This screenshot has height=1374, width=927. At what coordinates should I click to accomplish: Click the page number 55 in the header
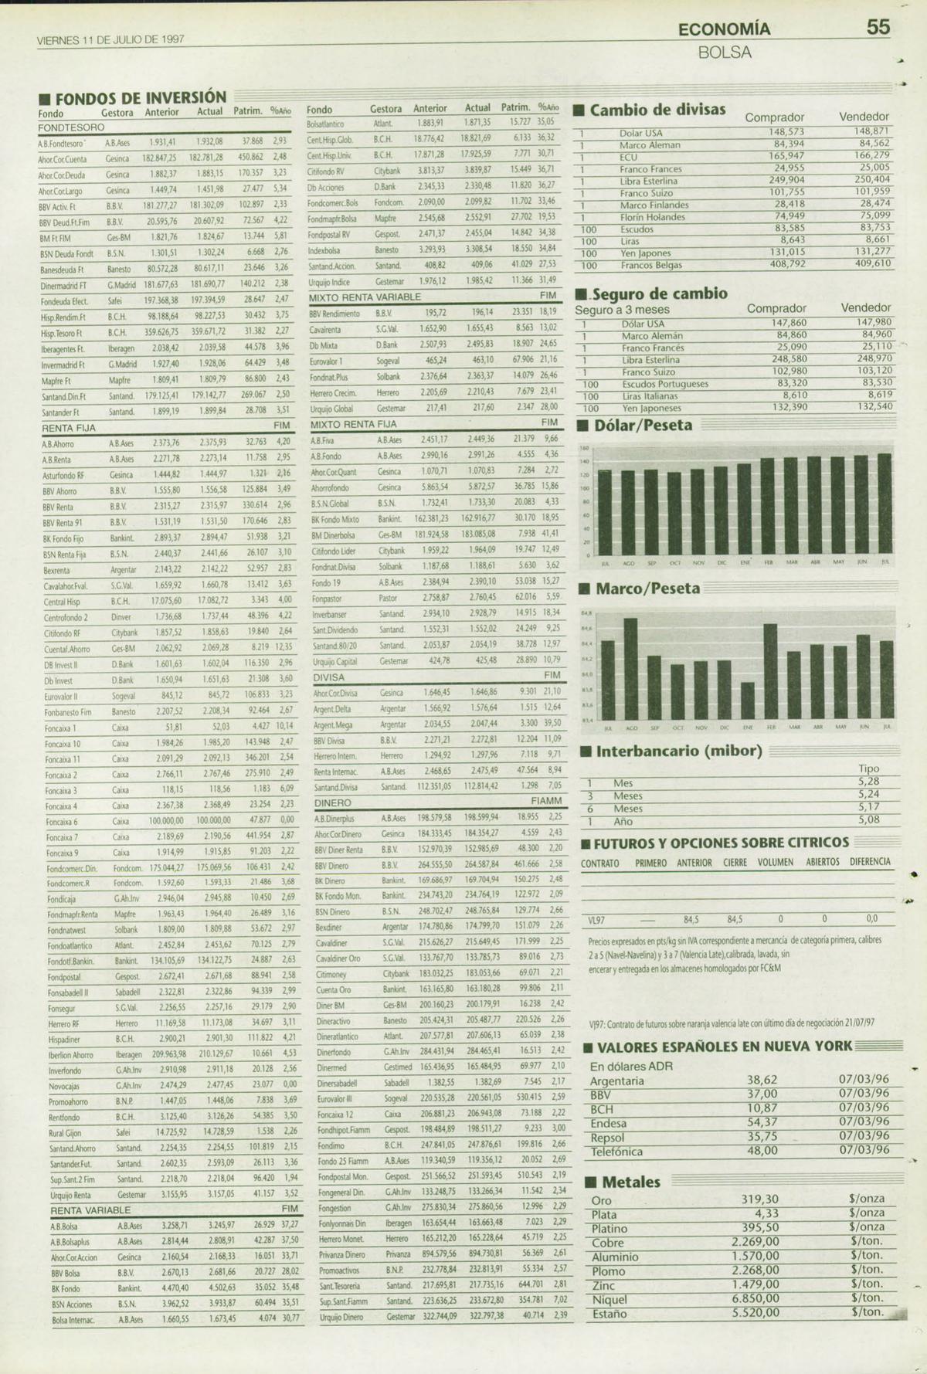[878, 28]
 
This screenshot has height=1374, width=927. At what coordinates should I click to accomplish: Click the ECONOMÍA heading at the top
[724, 29]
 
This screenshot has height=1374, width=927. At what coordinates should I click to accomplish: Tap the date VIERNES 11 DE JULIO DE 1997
[110, 39]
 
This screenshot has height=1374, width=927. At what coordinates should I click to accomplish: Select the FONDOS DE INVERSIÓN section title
[141, 98]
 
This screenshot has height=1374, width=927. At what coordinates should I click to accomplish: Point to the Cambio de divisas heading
[657, 110]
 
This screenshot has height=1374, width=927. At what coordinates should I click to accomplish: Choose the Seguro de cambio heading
[660, 293]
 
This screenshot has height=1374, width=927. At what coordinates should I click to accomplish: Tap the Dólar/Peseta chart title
[643, 425]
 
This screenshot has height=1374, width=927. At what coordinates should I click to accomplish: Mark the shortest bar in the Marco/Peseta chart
[747, 701]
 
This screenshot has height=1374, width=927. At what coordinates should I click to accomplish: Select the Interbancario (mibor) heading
[678, 751]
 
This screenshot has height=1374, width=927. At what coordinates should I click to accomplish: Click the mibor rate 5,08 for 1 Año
[868, 819]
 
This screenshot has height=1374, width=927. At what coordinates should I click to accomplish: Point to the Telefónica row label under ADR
[616, 1152]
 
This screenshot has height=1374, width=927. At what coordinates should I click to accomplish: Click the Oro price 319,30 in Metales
[760, 1199]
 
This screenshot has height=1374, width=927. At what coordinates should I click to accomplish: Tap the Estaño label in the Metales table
[610, 1312]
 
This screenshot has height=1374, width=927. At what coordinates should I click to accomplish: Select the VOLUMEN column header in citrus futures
[775, 862]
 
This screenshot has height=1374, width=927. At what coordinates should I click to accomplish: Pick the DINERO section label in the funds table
[332, 802]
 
